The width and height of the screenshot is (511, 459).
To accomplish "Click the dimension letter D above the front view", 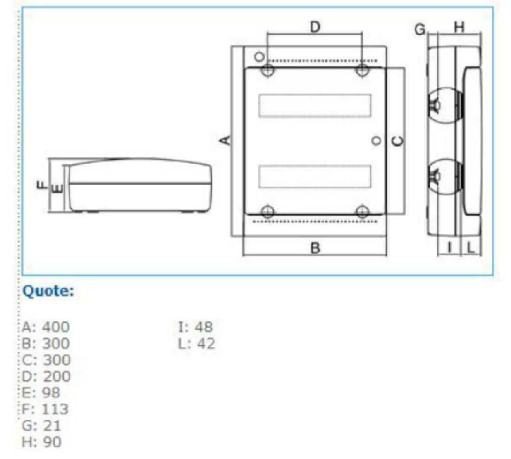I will pyautogui.click(x=315, y=27).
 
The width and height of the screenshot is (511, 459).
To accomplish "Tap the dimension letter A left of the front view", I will pyautogui.click(x=225, y=140).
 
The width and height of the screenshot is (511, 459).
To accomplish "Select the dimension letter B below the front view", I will pyautogui.click(x=315, y=248).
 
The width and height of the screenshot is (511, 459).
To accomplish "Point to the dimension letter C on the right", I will pyautogui.click(x=398, y=141).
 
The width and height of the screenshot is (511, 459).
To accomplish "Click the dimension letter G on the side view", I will pyautogui.click(x=420, y=29).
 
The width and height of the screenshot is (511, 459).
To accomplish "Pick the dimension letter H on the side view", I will pyautogui.click(x=459, y=28).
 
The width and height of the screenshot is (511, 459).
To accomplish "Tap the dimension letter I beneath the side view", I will pyautogui.click(x=449, y=248).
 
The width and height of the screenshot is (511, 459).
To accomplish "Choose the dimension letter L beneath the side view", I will pyautogui.click(x=471, y=248).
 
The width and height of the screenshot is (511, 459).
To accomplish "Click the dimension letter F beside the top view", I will pyautogui.click(x=42, y=185).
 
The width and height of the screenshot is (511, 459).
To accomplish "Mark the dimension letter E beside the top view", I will pyautogui.click(x=57, y=188).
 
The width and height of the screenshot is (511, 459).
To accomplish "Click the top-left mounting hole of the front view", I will pyautogui.click(x=268, y=71).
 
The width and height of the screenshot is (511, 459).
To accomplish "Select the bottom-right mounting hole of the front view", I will pyautogui.click(x=362, y=212).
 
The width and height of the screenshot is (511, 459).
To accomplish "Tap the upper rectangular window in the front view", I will pyautogui.click(x=315, y=106).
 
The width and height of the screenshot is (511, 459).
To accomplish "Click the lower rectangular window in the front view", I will pyautogui.click(x=315, y=176).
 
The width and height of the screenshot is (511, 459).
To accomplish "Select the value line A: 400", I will pyautogui.click(x=46, y=327).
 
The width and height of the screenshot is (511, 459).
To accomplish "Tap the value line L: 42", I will pyautogui.click(x=197, y=343).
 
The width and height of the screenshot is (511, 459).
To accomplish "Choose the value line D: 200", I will pyautogui.click(x=46, y=376).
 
